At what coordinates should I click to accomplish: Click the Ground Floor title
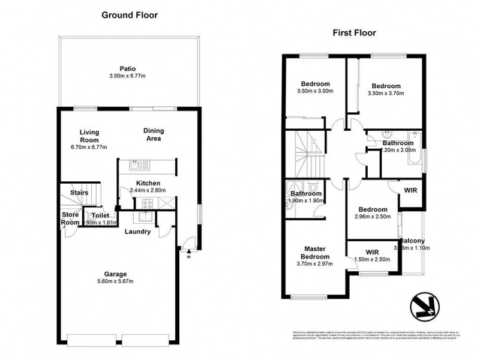[130, 15]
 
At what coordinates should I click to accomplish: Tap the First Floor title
[354, 33]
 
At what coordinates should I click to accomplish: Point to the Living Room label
[89, 136]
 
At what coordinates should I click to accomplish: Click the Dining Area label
[153, 134]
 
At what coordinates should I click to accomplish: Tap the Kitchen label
[148, 183]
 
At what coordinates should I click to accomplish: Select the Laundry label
[137, 232]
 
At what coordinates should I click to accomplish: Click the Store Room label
[70, 218]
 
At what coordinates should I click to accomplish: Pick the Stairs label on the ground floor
[79, 193]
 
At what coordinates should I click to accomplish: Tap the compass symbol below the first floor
[425, 306]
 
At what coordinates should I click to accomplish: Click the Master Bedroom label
[314, 253]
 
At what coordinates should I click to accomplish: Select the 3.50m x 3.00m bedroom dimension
[314, 91]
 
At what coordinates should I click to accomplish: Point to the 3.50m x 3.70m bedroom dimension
[385, 93]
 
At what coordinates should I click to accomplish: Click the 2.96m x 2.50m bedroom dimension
[371, 217]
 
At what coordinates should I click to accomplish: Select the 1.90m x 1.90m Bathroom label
[307, 197]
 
